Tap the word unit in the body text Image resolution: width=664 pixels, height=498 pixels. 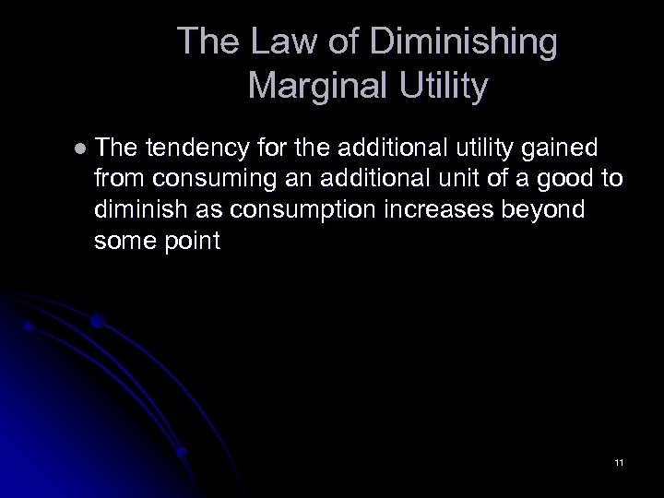[x=446, y=179]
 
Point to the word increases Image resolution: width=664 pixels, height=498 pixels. [x=449, y=209]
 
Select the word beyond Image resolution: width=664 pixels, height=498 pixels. [x=551, y=209]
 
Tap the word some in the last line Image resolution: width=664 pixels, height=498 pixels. [x=121, y=241]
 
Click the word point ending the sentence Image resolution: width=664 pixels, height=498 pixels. [x=191, y=241]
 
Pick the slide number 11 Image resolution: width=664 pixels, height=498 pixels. [x=617, y=461]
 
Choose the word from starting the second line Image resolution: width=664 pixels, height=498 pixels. [x=115, y=179]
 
